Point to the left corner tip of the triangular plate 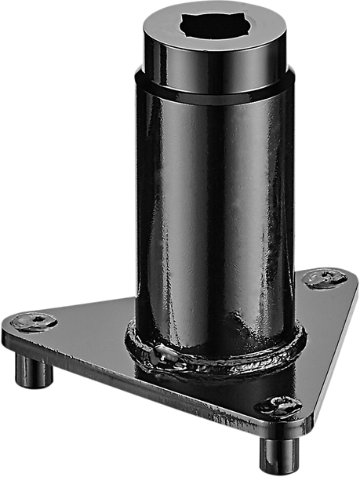coord(7,325)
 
